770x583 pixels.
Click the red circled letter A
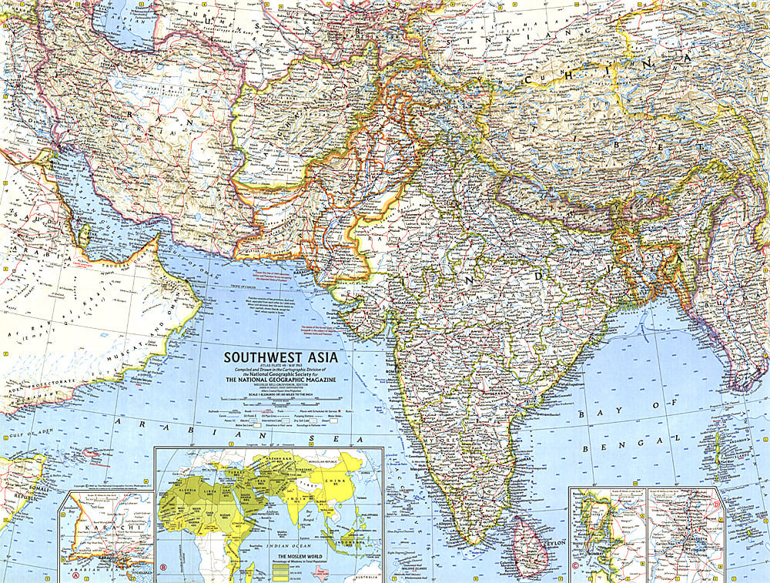pyautogui.click(x=75, y=575)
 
